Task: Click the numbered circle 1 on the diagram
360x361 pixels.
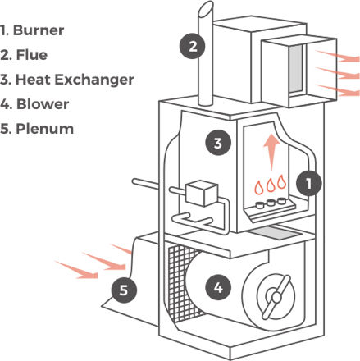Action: pos(308,183)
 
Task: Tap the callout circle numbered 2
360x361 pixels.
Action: pos(193,46)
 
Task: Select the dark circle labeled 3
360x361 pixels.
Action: pos(217,144)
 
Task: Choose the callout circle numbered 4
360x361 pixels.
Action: pos(217,287)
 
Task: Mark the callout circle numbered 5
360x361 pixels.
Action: pos(123,289)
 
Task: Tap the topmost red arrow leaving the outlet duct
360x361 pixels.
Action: pos(338,57)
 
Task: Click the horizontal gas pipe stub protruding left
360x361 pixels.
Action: pos(148,181)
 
